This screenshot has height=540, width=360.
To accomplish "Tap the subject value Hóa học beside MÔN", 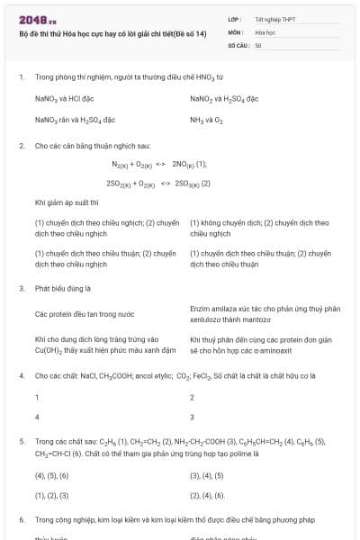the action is (265, 31).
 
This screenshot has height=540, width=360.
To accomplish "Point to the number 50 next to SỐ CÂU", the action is (258, 44).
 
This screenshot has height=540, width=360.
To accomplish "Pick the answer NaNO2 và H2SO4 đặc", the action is (224, 98).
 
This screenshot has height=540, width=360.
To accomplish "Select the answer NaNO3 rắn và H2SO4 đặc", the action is (75, 119).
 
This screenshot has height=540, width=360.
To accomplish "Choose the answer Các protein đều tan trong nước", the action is (85, 314).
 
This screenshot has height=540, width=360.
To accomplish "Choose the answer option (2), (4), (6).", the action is (207, 495).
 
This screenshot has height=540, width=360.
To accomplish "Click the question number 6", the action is (21, 520).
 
